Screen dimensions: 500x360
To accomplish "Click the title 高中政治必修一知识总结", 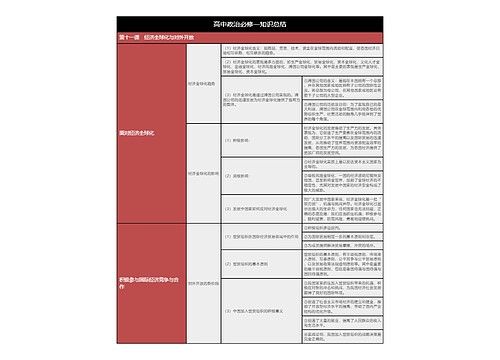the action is [x=250, y=21].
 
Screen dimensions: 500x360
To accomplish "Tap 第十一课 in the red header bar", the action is [x=130, y=36].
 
